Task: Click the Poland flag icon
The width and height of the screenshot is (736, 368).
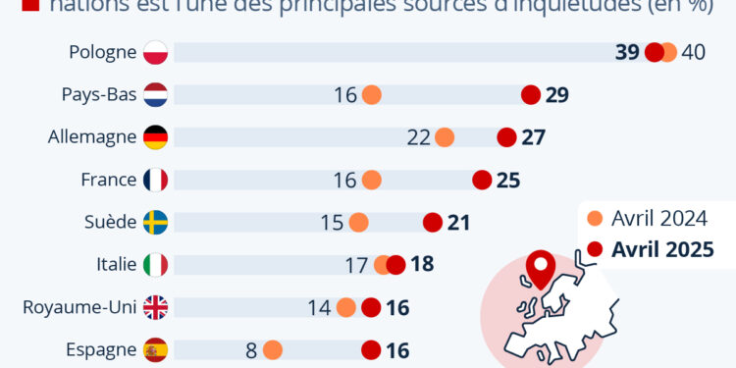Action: tap(156, 52)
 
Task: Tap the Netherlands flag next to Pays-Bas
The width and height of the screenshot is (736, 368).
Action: tap(156, 95)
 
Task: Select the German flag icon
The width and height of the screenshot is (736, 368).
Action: tap(156, 137)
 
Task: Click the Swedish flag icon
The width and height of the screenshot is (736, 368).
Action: tap(156, 223)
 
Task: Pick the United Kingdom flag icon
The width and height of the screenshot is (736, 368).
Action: tap(156, 308)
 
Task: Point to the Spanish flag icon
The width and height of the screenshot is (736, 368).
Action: tap(156, 350)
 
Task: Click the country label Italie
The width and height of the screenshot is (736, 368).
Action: tap(110, 265)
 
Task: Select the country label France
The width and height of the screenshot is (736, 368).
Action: tap(108, 180)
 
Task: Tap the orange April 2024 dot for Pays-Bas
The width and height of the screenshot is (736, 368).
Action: tap(371, 95)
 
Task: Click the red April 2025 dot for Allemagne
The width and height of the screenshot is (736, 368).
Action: tap(506, 137)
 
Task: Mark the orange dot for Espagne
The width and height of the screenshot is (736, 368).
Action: tap(272, 350)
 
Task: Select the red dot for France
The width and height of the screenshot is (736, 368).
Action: tap(482, 180)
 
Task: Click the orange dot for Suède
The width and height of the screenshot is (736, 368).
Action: tap(358, 223)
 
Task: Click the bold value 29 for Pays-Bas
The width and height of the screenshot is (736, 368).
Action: tap(557, 95)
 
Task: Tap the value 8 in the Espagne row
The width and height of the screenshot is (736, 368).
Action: tap(252, 350)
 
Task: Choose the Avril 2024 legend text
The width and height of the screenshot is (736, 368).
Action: tap(659, 218)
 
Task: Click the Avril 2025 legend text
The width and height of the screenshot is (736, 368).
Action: tap(661, 248)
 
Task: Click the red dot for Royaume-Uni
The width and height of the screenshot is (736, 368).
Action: tap(371, 308)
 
